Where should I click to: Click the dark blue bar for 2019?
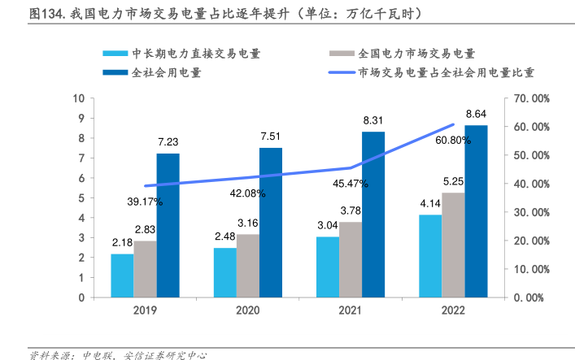(x=168, y=225)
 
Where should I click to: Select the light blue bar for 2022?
(x=430, y=255)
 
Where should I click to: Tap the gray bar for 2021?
(x=351, y=259)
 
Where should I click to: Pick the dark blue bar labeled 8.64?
(x=476, y=210)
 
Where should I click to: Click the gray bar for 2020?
(x=248, y=266)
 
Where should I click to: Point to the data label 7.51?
(x=270, y=137)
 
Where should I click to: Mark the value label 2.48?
(x=225, y=236)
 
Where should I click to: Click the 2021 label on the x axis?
(x=350, y=310)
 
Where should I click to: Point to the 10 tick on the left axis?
(x=79, y=98)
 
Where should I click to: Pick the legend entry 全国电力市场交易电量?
(x=416, y=54)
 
